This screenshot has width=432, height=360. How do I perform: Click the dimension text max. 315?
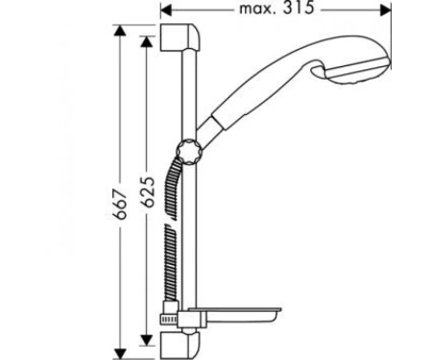coord(277,8)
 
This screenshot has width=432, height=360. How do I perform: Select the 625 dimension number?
coord(148,191)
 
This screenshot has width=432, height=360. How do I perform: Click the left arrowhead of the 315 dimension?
coord(166,11)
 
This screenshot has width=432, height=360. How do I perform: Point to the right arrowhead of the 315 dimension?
coord(385,11)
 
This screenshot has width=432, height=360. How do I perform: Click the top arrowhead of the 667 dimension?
coord(120,31)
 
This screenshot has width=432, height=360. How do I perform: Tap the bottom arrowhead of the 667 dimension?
coord(120,354)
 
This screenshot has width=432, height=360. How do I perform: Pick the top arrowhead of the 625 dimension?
coord(147,41)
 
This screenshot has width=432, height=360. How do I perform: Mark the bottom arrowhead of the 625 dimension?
coord(147,340)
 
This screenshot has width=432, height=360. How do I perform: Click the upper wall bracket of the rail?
coord(180,37)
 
